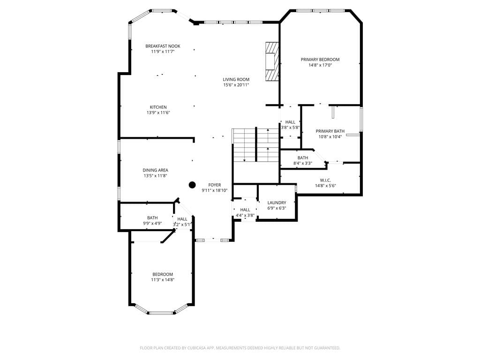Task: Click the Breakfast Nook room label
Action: click(163, 46)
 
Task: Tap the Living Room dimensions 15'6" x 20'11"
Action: click(236, 85)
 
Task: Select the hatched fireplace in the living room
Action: click(272, 61)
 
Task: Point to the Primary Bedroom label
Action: click(320, 60)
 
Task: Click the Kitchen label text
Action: click(158, 107)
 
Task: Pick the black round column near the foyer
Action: click(192, 185)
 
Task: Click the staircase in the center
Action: click(255, 145)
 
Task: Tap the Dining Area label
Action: click(155, 170)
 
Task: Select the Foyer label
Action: click(215, 185)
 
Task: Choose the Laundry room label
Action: click(277, 202)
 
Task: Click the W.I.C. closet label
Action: click(325, 180)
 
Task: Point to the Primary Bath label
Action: click(330, 131)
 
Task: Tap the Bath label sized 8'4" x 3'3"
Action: click(303, 157)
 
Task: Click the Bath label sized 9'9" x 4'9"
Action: click(152, 218)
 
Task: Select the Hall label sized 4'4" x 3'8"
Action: click(245, 210)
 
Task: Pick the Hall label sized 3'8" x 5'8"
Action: click(290, 122)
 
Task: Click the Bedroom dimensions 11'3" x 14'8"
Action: click(163, 280)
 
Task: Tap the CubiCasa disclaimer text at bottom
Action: click(240, 348)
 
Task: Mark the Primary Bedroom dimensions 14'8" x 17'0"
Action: click(320, 65)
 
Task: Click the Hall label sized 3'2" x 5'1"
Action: click(182, 219)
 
